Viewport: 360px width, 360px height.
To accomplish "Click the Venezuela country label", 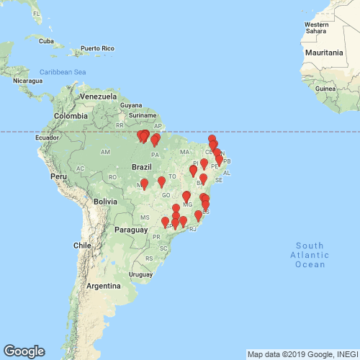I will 98,96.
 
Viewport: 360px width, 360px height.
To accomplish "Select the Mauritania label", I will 323,53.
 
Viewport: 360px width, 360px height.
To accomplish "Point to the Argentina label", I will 103,286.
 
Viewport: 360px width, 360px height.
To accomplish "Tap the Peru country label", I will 58,176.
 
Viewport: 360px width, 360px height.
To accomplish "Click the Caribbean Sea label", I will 63,72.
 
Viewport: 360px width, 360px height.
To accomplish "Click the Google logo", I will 24,351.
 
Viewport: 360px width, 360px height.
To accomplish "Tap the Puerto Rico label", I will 97,48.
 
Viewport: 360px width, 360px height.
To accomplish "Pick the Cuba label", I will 46,40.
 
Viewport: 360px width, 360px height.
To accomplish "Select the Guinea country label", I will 325,88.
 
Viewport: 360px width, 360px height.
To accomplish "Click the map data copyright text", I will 302,354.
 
